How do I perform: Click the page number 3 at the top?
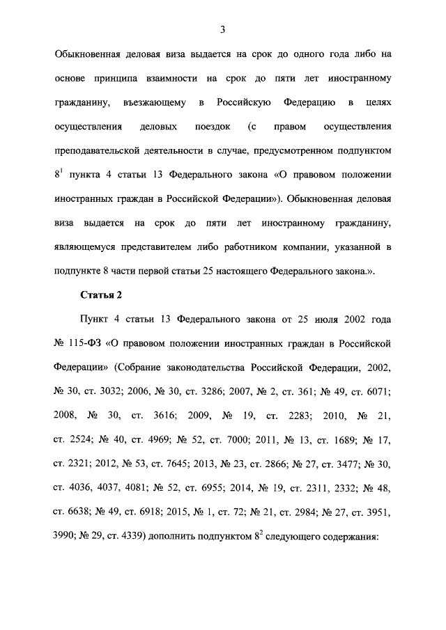tap(222, 29)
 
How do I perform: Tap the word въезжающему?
tap(153, 103)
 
